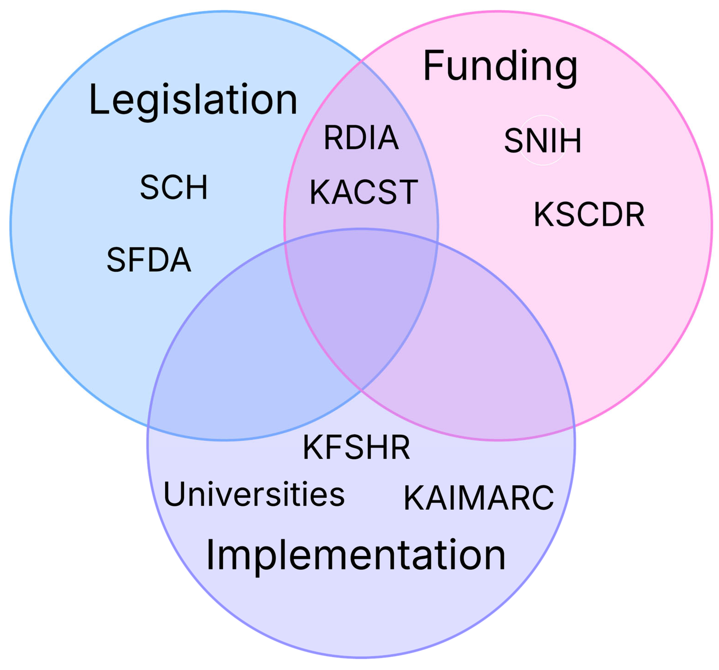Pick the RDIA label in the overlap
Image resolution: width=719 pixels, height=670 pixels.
click(361, 137)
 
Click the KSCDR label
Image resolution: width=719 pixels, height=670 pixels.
click(589, 215)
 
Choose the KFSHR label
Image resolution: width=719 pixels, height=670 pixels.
click(356, 447)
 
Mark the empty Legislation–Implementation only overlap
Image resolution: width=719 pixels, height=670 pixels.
click(246, 362)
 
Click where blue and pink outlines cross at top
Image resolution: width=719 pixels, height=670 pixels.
click(362, 62)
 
